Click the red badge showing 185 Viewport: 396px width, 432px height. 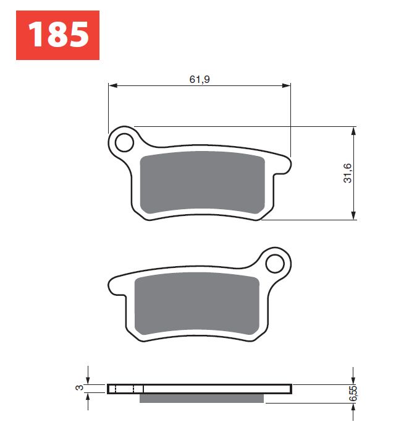coord(57,35)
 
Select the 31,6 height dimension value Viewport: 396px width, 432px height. coord(348,173)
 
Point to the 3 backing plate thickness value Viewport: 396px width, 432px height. coord(78,389)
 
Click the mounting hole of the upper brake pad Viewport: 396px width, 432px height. coord(124,142)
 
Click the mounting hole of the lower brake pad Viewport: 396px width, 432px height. coord(274,264)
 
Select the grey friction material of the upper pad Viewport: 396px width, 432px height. coord(203,184)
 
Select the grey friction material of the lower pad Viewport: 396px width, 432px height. coord(196,305)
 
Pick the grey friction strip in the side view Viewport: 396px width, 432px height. coord(202,398)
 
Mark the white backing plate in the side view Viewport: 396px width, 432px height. coord(216,389)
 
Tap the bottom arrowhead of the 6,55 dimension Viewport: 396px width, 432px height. coord(353,407)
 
